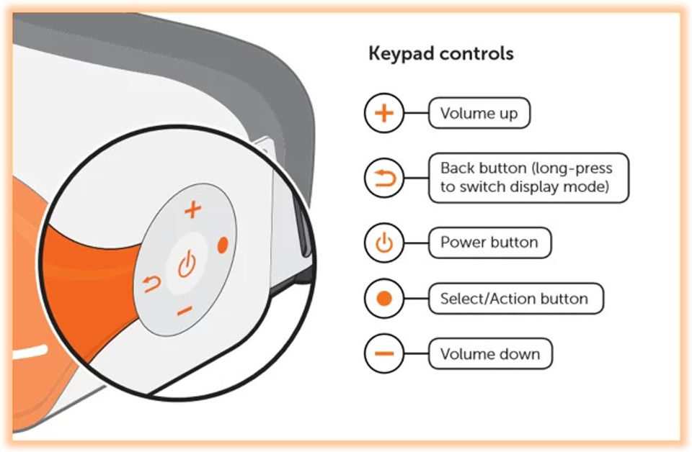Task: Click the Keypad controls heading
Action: [x=440, y=54]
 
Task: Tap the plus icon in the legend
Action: [x=384, y=114]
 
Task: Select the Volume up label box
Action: [x=479, y=114]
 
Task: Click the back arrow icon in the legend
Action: [x=384, y=177]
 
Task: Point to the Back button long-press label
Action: [x=528, y=177]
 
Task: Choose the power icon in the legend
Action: [x=384, y=243]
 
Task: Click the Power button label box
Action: [x=489, y=243]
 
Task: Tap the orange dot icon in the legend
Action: [x=384, y=298]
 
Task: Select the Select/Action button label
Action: [x=515, y=298]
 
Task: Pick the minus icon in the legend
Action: [x=384, y=353]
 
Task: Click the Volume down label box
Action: [x=490, y=353]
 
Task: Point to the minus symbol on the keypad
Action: [x=185, y=311]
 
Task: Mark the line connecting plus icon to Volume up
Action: [x=416, y=114]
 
